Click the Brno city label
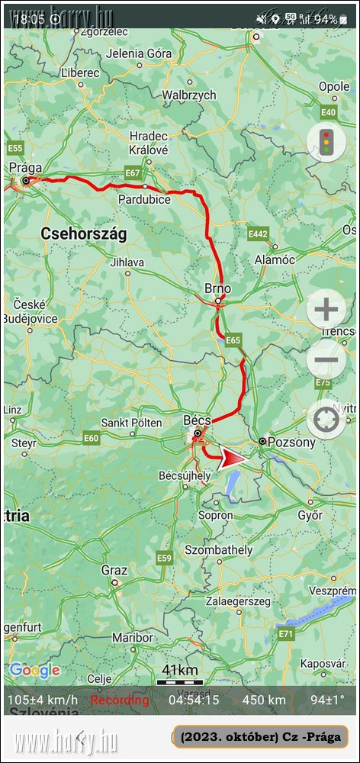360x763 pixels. point(217,288)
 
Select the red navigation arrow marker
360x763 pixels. point(234,459)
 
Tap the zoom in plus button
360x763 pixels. point(326,310)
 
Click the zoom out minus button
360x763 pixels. point(326,360)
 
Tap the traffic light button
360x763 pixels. point(326,142)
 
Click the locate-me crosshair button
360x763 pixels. point(326,418)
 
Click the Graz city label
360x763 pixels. point(114,570)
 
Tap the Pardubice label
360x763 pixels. point(144,199)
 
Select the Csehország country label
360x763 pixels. point(83,233)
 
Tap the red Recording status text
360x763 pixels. point(120,700)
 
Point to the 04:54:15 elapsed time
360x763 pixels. point(194,700)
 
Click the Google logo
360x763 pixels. point(35,671)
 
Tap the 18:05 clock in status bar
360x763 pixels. point(29,18)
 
